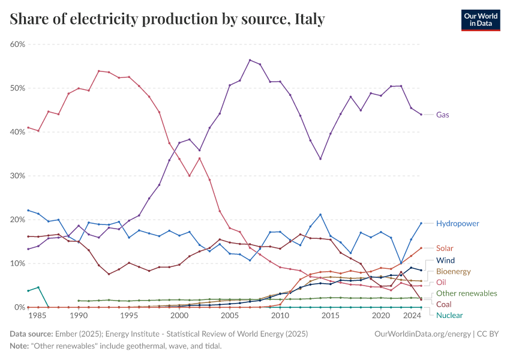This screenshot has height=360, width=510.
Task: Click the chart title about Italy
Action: (x=167, y=19)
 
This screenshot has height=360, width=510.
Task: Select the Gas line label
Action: (x=443, y=115)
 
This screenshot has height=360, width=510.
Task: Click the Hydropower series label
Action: (x=457, y=223)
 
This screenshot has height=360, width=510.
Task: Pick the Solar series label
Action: (x=445, y=248)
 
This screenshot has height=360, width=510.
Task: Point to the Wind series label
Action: (x=445, y=260)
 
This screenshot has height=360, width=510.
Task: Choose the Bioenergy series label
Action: (x=453, y=271)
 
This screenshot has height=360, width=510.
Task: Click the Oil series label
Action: (x=440, y=282)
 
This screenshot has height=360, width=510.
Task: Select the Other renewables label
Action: (x=466, y=293)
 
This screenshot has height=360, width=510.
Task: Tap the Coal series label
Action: (x=443, y=304)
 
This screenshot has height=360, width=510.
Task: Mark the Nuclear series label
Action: (x=449, y=315)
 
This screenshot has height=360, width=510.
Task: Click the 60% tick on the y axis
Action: (x=17, y=44)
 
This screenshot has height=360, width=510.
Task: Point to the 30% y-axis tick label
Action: (x=17, y=176)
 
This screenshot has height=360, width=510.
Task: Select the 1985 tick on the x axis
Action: (x=38, y=316)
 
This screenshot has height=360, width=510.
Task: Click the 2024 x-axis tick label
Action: (x=412, y=316)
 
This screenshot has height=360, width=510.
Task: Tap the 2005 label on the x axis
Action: (x=230, y=316)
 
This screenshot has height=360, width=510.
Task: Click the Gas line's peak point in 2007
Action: (x=250, y=60)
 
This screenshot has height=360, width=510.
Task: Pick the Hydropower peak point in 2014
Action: (x=320, y=215)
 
